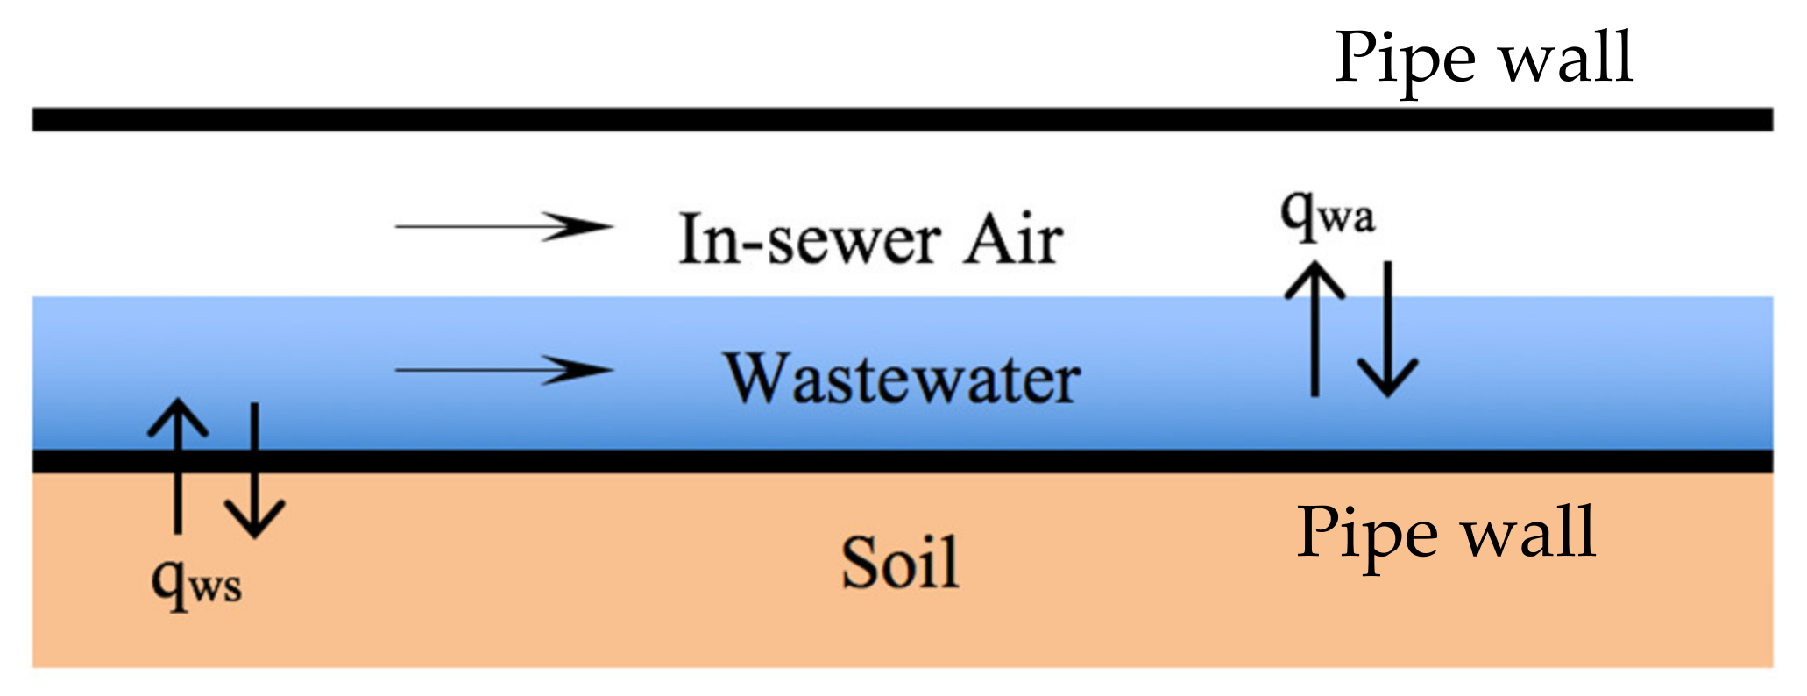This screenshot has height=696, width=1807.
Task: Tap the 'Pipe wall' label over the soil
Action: tap(1446, 532)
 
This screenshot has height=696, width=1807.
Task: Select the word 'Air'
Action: tap(1014, 239)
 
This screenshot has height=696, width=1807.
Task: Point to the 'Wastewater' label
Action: tap(902, 379)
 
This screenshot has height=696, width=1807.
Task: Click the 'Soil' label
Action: tap(900, 562)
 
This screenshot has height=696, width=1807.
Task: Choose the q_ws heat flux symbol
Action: tap(195, 583)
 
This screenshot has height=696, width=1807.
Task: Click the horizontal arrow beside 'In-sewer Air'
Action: tap(503, 226)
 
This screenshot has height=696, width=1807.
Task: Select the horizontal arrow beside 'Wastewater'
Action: tap(503, 370)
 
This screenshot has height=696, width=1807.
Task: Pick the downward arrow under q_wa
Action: tap(1388, 330)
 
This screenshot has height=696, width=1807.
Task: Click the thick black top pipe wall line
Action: tap(903, 120)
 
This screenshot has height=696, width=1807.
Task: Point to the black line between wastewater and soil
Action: tap(903, 461)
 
